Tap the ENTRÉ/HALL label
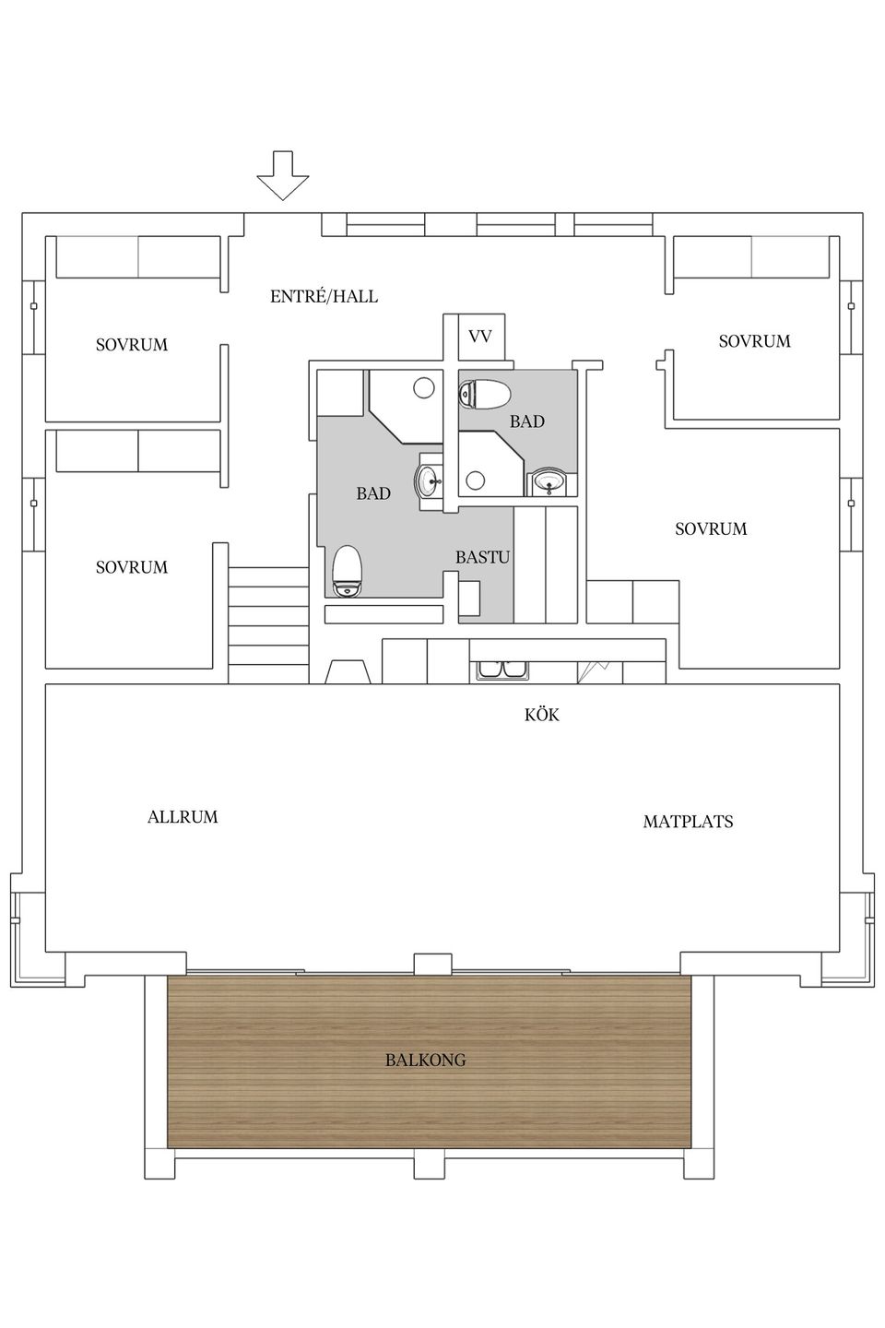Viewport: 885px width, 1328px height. pyautogui.click(x=324, y=297)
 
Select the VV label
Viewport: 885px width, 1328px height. pyautogui.click(x=479, y=337)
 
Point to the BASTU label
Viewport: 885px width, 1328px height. pyautogui.click(x=482, y=558)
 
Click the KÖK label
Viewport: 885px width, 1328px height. pyautogui.click(x=541, y=715)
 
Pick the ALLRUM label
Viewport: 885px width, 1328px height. pyautogui.click(x=183, y=817)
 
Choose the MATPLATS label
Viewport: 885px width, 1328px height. pyautogui.click(x=688, y=822)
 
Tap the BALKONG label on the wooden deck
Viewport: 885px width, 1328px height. pyautogui.click(x=425, y=1061)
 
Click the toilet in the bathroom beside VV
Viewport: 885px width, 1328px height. pyautogui.click(x=485, y=395)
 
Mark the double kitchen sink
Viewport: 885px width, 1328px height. pyautogui.click(x=501, y=670)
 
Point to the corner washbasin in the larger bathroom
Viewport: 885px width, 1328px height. pyautogui.click(x=431, y=480)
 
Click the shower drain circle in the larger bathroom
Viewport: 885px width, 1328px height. pyautogui.click(x=424, y=387)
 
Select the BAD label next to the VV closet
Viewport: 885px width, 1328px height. pyautogui.click(x=527, y=421)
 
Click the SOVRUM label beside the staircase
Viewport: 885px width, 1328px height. pyautogui.click(x=132, y=567)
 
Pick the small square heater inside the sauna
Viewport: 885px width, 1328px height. pyautogui.click(x=468, y=598)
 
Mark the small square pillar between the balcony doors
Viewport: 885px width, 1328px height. pyautogui.click(x=432, y=964)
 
